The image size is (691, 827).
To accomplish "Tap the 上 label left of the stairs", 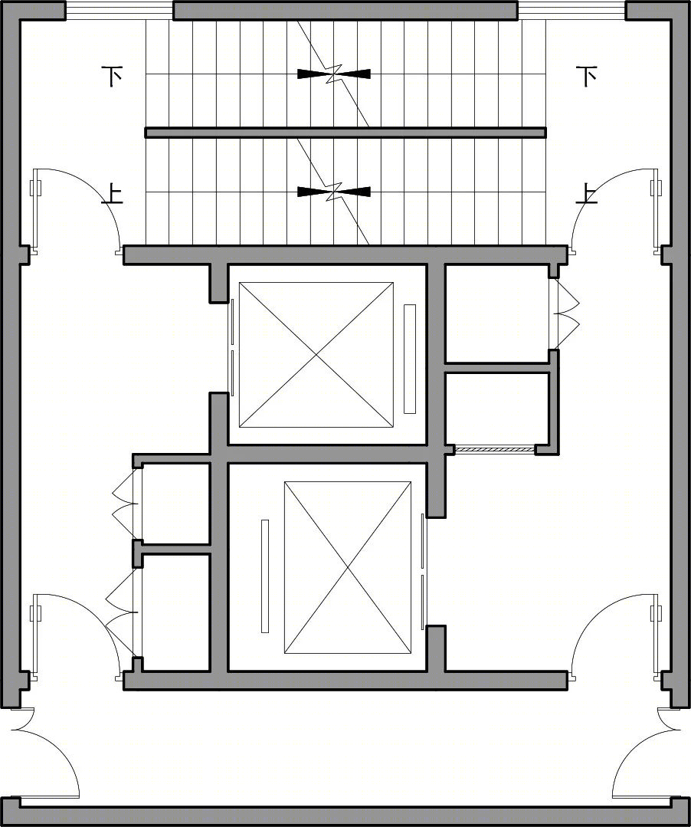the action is tap(112, 194).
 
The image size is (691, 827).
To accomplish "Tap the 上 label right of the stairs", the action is tap(586, 194).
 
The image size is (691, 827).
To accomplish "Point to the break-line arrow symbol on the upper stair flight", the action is tap(334, 74).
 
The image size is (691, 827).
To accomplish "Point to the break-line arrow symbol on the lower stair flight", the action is tap(334, 192).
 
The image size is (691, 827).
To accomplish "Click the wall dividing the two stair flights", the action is tap(345, 133).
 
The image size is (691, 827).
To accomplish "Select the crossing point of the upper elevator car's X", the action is tap(316, 355).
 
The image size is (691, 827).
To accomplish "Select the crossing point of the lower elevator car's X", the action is tap(348, 567).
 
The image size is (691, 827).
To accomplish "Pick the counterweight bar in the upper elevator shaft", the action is tap(410, 359).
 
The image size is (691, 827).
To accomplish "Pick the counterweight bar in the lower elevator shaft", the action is tap(265, 576).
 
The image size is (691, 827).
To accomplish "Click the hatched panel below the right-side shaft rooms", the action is tap(495, 449).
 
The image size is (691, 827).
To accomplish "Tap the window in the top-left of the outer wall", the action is tap(119, 11).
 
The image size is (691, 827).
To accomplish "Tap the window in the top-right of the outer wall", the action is tap(572, 11).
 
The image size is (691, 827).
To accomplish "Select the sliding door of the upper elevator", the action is tap(232, 347).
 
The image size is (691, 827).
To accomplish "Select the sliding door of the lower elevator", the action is tap(422, 571).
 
